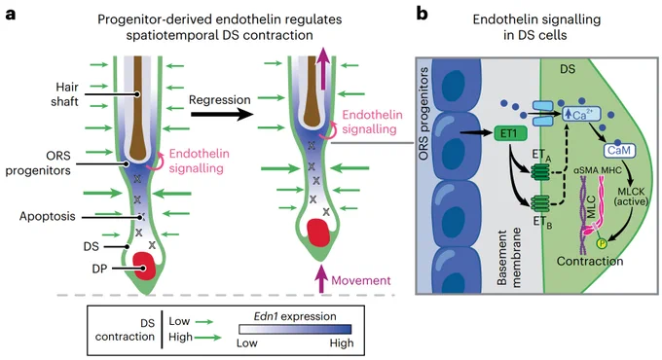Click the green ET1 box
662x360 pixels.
510,133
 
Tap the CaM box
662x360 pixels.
619,150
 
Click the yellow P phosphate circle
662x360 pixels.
601,243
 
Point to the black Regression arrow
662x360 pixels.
222,114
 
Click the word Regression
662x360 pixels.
220,99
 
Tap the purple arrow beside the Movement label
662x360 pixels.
321,278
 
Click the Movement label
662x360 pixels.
361,280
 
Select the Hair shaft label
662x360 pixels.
65,94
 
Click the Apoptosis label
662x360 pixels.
48,216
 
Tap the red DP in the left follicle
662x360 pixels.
144,266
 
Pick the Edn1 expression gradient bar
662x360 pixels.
295,329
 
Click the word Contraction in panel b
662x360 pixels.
590,261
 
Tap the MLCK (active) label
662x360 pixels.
631,197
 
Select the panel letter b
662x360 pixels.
422,14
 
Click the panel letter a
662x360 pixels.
11,15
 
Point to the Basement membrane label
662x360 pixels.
509,258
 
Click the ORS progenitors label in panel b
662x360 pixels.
423,114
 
